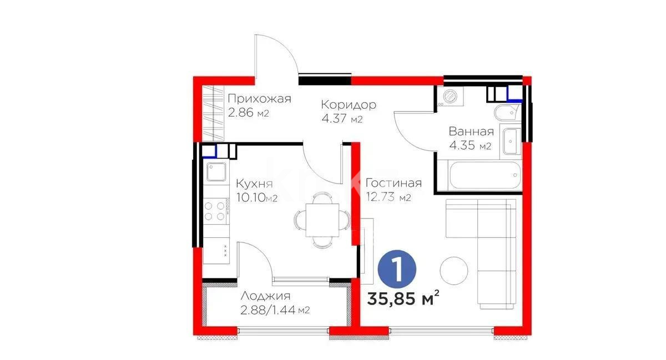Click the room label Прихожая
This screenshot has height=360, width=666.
pos(259,99)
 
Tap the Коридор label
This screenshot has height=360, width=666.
pos(349,104)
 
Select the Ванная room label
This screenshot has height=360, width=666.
pos(471,131)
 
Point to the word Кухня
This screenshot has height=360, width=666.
pos(254,184)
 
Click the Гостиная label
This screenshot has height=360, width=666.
pos(393,183)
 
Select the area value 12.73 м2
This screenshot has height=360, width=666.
pos(389,197)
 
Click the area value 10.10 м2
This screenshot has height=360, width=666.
pos(256,197)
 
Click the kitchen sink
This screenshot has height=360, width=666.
pos(216,172)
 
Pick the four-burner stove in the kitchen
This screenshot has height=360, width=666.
pos(216,210)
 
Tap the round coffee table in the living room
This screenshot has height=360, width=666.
pos(454,270)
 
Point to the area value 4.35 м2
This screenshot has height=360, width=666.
pos(470,146)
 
